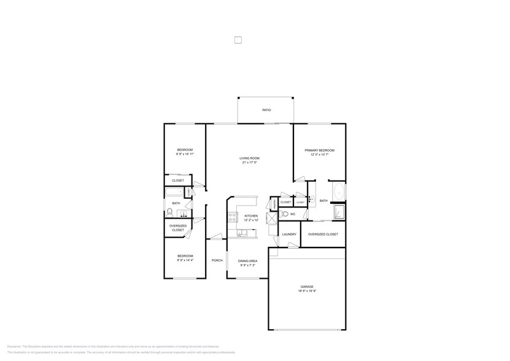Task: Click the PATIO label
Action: (x=266, y=110)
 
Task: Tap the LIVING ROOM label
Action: (x=250, y=158)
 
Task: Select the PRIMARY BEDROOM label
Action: (x=319, y=150)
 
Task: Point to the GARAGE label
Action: (x=307, y=287)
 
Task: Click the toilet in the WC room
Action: (x=284, y=214)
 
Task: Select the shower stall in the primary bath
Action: (x=338, y=212)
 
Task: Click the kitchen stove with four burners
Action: (x=233, y=216)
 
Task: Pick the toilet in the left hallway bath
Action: (x=170, y=213)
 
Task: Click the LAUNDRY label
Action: (x=289, y=234)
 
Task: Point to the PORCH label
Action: (x=217, y=260)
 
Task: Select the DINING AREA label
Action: (x=248, y=261)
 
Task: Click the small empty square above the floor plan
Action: (x=238, y=41)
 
